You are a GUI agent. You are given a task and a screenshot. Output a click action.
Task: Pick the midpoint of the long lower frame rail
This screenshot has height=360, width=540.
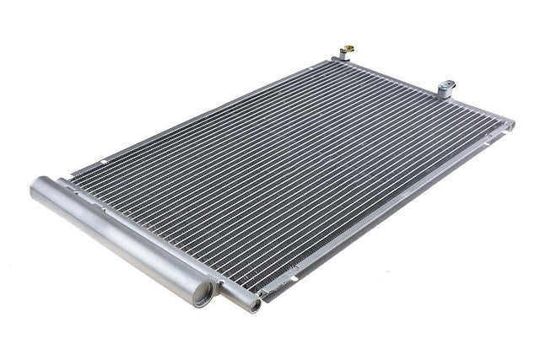[x=380, y=215]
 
